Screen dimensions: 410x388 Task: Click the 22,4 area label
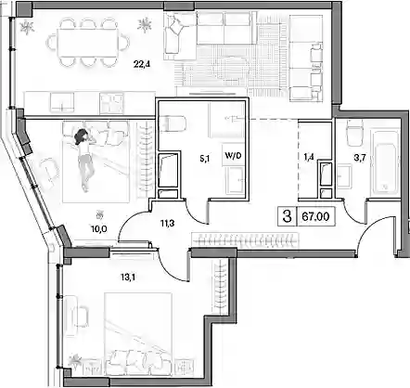click(x=139, y=64)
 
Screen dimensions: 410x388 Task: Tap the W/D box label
click(x=233, y=156)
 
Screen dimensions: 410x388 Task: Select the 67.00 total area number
click(x=315, y=216)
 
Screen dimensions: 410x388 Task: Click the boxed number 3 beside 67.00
click(x=288, y=216)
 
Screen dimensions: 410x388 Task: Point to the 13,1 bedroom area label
click(x=128, y=278)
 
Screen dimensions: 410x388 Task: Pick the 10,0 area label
click(x=99, y=229)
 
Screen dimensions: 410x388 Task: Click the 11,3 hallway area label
click(x=167, y=223)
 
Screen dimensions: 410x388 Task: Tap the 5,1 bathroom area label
click(x=204, y=159)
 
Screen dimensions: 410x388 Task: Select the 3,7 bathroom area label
click(x=360, y=159)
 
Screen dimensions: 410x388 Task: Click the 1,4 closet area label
click(x=309, y=157)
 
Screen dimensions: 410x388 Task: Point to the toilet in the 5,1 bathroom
click(x=173, y=123)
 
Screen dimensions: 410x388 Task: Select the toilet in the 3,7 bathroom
click(x=354, y=133)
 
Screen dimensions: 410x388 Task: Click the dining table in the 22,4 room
click(x=88, y=43)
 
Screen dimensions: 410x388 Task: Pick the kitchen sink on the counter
click(x=62, y=103)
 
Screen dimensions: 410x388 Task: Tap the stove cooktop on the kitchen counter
click(x=111, y=103)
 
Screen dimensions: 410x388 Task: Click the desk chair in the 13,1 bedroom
click(x=81, y=317)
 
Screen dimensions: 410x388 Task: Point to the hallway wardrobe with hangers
click(x=246, y=240)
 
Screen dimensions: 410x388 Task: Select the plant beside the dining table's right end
click(x=145, y=24)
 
